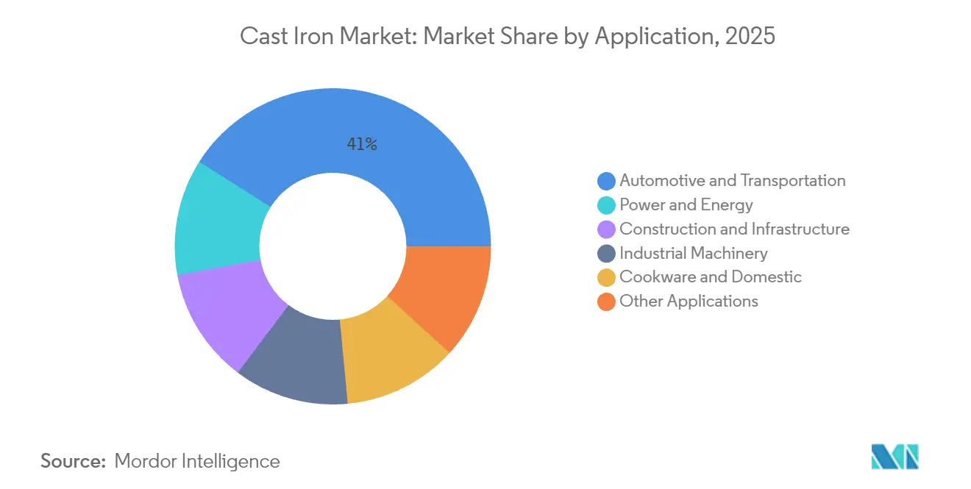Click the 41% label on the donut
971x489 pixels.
tap(362, 145)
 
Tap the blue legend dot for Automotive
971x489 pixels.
tap(607, 181)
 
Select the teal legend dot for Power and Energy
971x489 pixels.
tap(607, 205)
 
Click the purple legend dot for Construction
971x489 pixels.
tap(607, 229)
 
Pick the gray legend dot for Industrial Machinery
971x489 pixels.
tap(607, 254)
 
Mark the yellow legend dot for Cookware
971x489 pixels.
tap(607, 277)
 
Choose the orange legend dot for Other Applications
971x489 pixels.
tap(607, 301)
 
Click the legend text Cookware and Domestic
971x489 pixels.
tap(711, 277)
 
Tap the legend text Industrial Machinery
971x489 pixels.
tap(694, 254)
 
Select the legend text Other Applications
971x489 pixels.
tap(689, 301)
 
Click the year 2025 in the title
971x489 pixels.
tap(750, 36)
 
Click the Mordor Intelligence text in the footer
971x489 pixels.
tap(197, 462)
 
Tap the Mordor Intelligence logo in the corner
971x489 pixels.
tap(894, 457)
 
